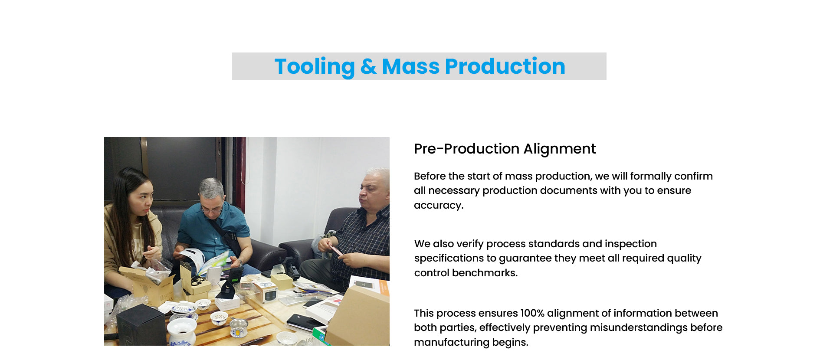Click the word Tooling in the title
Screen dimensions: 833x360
coord(315,67)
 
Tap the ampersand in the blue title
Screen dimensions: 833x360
coord(368,66)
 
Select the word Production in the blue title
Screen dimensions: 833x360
coord(505,66)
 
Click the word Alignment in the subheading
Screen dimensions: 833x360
coord(560,149)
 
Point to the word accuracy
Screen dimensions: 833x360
coord(439,205)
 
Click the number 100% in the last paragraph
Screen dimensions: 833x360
coord(532,313)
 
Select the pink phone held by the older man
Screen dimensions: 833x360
coord(335,250)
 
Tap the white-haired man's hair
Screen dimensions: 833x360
coord(378,176)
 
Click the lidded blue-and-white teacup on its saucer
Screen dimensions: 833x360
coord(184,310)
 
